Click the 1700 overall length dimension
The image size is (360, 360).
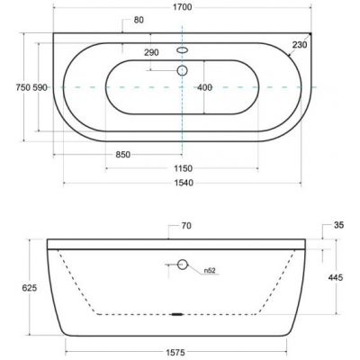(183, 7)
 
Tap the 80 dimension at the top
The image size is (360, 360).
(139, 20)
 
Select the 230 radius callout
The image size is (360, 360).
(300, 45)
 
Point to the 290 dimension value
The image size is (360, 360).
(151, 52)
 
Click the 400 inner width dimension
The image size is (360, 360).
(205, 87)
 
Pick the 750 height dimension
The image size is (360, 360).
(23, 87)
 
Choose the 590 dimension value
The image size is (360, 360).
(40, 87)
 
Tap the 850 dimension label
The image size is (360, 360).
(123, 155)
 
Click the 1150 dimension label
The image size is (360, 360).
(183, 168)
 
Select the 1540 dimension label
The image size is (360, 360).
(184, 183)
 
